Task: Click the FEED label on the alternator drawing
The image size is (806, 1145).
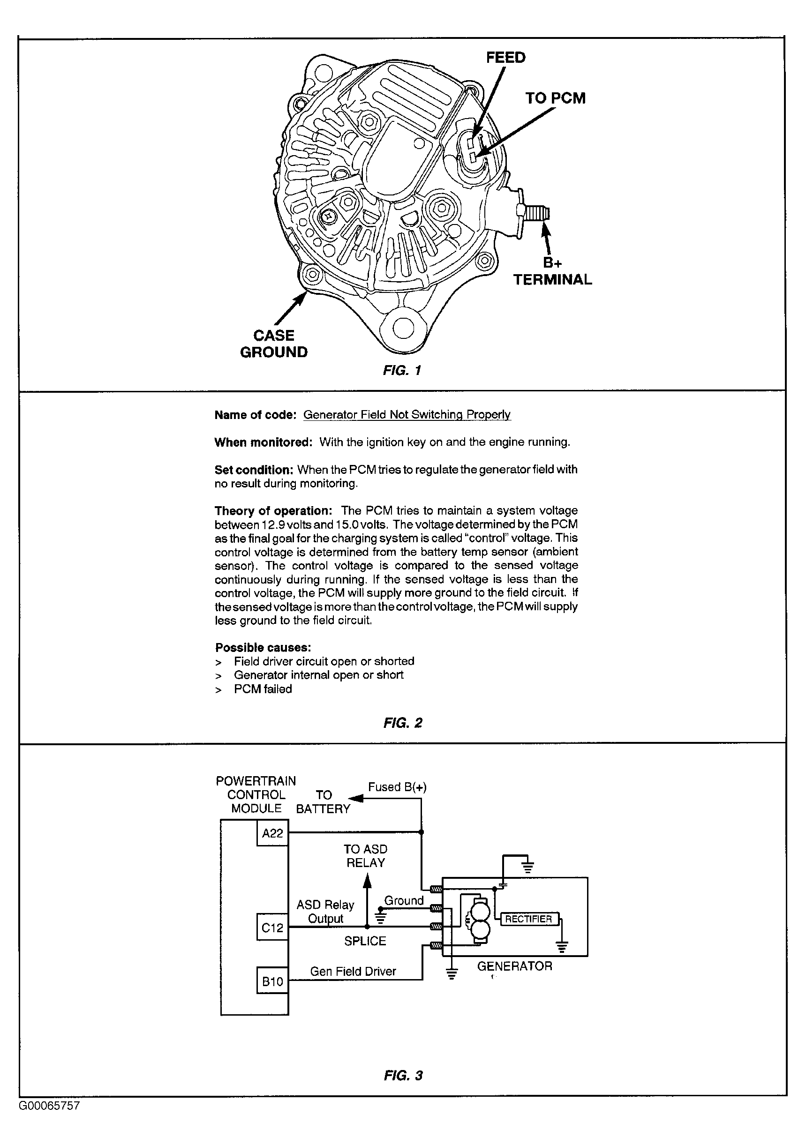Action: click(x=506, y=57)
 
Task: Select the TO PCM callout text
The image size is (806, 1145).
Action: click(x=555, y=98)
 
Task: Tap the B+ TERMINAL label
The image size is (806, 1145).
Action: click(x=553, y=271)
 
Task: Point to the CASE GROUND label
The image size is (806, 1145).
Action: click(x=274, y=344)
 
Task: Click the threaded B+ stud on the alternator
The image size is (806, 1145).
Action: click(x=538, y=214)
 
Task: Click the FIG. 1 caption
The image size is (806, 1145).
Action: click(x=402, y=370)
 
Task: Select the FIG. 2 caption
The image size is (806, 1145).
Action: click(x=402, y=723)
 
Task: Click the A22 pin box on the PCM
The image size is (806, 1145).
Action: click(x=272, y=833)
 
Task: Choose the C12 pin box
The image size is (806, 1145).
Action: click(x=272, y=927)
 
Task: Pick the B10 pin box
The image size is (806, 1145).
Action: click(x=272, y=981)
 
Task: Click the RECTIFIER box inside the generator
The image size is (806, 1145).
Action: click(x=529, y=919)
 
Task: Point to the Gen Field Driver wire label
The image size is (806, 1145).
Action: click(x=353, y=971)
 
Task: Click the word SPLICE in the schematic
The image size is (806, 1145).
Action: click(x=365, y=941)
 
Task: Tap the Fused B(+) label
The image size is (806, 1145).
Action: click(x=397, y=787)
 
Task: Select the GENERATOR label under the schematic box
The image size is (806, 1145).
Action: click(x=515, y=966)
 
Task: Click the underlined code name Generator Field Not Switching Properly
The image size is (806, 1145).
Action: click(x=407, y=414)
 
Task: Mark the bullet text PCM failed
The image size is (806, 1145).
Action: click(x=263, y=688)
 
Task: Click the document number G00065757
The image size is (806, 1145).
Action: click(x=49, y=1106)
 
